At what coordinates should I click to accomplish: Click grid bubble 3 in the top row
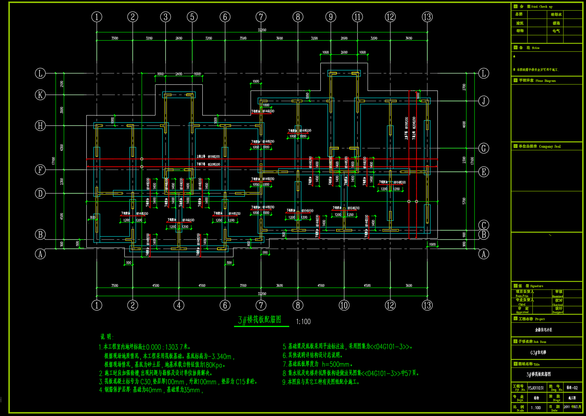pyautogui.click(x=165, y=17)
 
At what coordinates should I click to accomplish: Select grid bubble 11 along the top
pyautogui.click(x=357, y=17)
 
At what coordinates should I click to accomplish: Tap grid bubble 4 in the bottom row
pyautogui.click(x=179, y=305)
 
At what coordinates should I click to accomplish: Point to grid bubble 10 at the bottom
pyautogui.click(x=344, y=305)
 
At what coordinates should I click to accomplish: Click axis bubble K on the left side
pyautogui.click(x=40, y=95)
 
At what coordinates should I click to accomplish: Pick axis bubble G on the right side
pyautogui.click(x=484, y=148)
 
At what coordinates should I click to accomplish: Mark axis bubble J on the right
pyautogui.click(x=484, y=101)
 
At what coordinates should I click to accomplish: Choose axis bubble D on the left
pyautogui.click(x=40, y=194)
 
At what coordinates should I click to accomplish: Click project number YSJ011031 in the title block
pyautogui.click(x=536, y=388)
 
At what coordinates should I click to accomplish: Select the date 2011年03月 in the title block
pyautogui.click(x=572, y=407)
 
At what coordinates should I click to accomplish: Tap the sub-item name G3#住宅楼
pyautogui.click(x=538, y=353)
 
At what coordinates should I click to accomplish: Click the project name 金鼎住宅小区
pyautogui.click(x=543, y=330)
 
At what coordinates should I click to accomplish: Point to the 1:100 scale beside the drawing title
pyautogui.click(x=303, y=322)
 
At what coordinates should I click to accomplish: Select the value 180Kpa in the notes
pyautogui.click(x=213, y=365)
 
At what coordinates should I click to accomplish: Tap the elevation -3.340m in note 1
pyautogui.click(x=222, y=356)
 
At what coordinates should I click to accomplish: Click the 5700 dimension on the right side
pyautogui.click(x=464, y=201)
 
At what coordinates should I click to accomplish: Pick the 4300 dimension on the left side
pyautogui.click(x=62, y=147)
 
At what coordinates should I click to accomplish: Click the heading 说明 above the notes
pyautogui.click(x=107, y=337)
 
